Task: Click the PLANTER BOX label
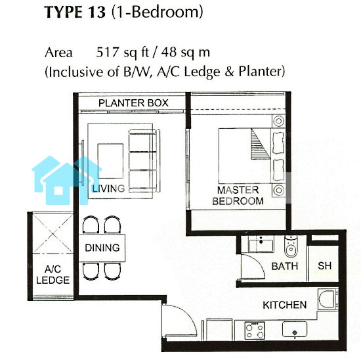[133, 102]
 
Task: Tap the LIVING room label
[109, 189]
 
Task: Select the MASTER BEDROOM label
[238, 196]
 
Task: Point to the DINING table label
[102, 248]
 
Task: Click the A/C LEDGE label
[53, 275]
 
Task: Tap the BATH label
[285, 266]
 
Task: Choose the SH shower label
[325, 266]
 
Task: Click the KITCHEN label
[285, 305]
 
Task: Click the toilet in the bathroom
[291, 246]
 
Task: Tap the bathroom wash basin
[261, 244]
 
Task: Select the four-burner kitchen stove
[255, 330]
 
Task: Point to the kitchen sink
[295, 329]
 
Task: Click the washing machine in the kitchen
[328, 299]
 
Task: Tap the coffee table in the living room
[110, 161]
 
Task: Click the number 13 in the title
[97, 12]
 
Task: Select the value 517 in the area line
[107, 53]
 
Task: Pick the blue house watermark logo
[67, 180]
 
